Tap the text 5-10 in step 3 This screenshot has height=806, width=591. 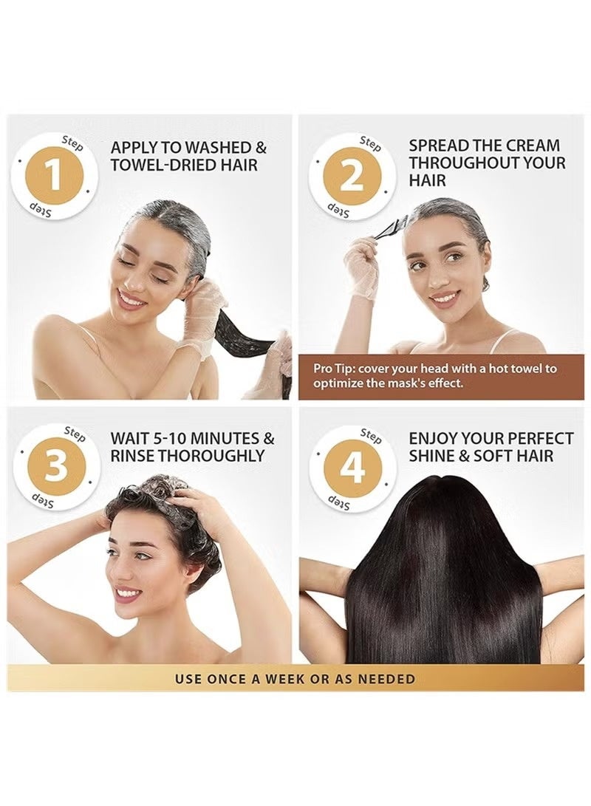(x=183, y=439)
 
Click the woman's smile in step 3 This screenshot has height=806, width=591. (x=128, y=593)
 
